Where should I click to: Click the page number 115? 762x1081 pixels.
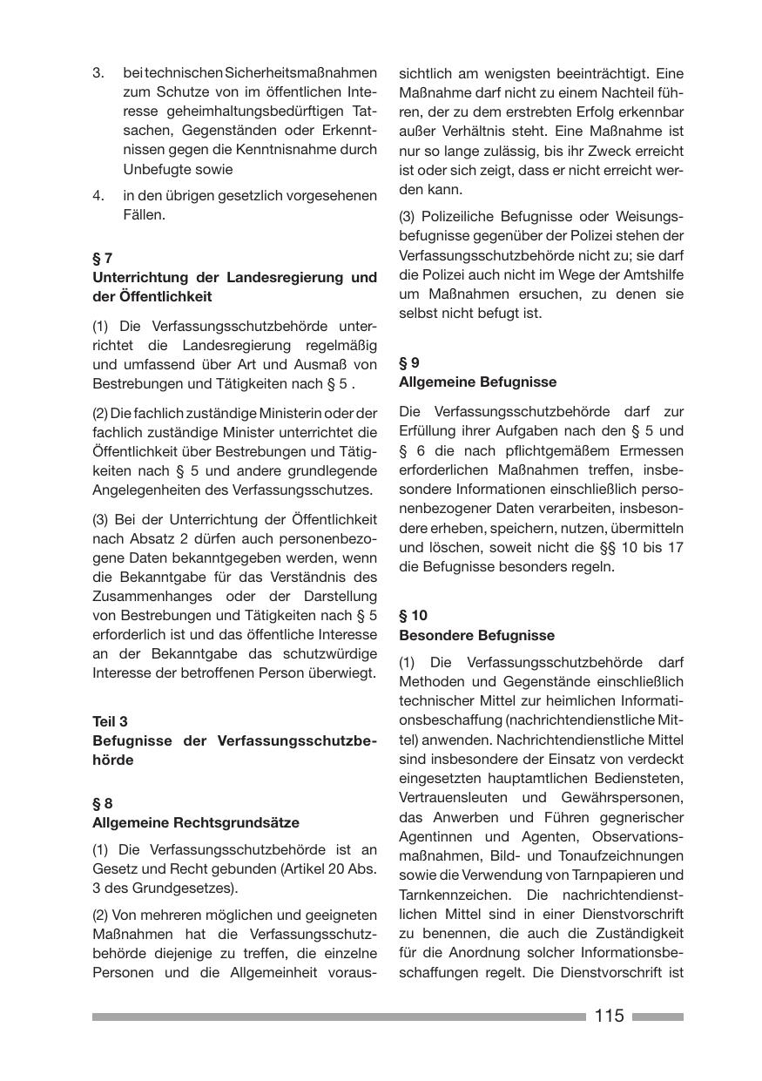point(610,1016)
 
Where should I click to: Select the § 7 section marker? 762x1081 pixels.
point(102,258)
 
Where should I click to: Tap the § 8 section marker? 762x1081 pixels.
point(102,803)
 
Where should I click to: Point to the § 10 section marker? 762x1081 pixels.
point(413,615)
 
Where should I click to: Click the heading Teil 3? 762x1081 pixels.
point(110,721)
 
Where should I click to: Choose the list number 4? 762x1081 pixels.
point(98,195)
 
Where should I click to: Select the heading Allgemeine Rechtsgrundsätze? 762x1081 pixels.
point(196,822)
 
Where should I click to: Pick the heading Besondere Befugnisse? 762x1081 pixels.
point(476,635)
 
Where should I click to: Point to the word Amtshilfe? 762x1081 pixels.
point(654,274)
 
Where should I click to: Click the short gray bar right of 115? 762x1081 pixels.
point(657,1017)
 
